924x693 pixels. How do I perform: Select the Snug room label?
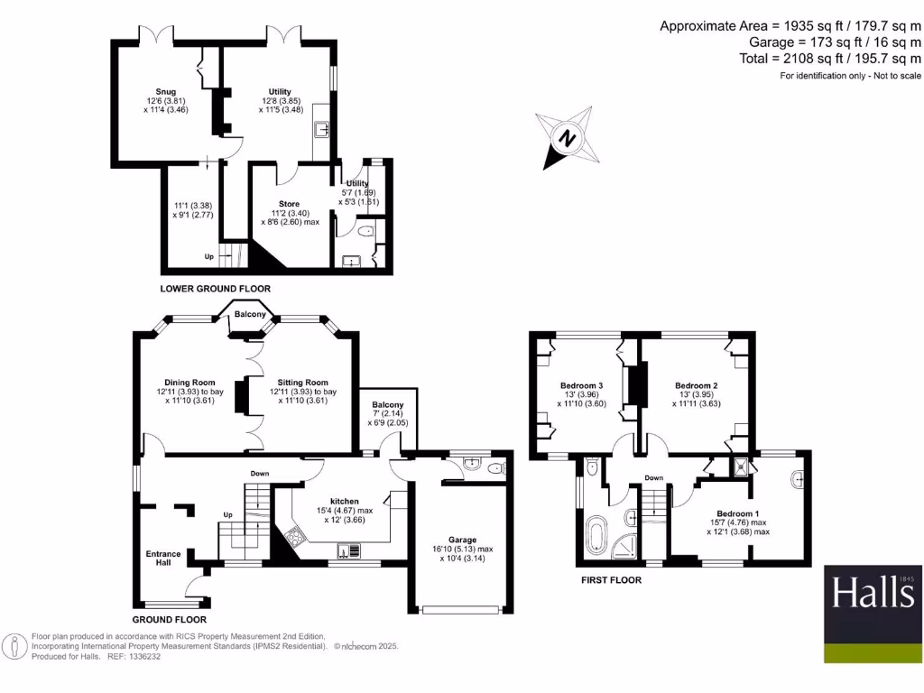165,90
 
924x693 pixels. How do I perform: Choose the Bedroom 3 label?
581,386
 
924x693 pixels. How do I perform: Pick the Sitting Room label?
302,382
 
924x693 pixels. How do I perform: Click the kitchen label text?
345,501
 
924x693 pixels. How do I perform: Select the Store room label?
288,204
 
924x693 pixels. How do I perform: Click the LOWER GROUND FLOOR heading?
215,289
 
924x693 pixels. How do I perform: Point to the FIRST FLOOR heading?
611,580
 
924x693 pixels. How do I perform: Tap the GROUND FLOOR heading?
169,620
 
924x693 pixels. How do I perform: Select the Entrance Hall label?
163,559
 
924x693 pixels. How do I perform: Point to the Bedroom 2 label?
696,386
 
